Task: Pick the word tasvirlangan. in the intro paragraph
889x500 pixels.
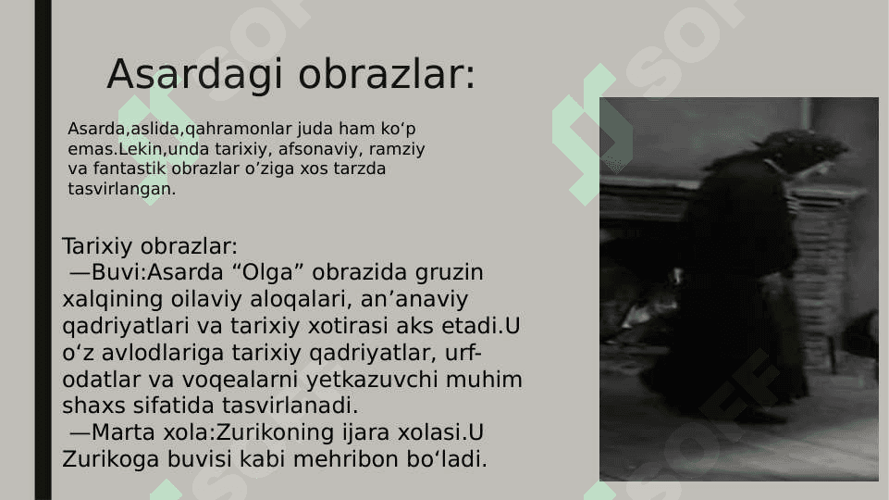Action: tap(122, 189)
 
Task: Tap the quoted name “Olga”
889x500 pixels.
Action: tap(268, 273)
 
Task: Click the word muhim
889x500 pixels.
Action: tap(484, 379)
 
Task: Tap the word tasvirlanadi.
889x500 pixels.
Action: tap(290, 406)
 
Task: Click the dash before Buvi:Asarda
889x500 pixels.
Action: tap(80, 273)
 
